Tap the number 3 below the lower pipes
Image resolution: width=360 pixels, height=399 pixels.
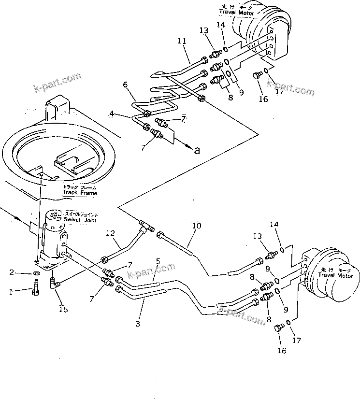coord(138,324)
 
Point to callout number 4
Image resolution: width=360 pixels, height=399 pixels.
coord(112,114)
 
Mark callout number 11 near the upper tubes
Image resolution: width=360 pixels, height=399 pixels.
coord(181,42)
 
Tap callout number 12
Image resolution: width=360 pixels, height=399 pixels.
coord(111,233)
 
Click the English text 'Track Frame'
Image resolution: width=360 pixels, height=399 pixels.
coord(79,193)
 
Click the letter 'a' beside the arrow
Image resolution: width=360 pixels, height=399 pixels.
coord(197,151)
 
